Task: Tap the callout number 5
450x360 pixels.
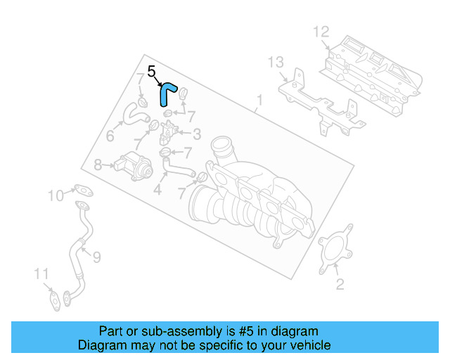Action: click(x=151, y=71)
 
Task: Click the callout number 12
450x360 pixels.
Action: click(x=321, y=32)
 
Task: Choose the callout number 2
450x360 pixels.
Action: click(x=340, y=284)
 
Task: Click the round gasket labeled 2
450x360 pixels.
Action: click(x=334, y=250)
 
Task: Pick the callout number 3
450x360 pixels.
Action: click(x=197, y=133)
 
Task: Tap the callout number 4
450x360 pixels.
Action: click(x=158, y=189)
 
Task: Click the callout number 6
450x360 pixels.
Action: click(x=110, y=134)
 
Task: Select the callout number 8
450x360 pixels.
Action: click(x=98, y=165)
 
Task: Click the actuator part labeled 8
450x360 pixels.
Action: click(x=134, y=166)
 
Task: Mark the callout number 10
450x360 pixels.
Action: click(x=56, y=195)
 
